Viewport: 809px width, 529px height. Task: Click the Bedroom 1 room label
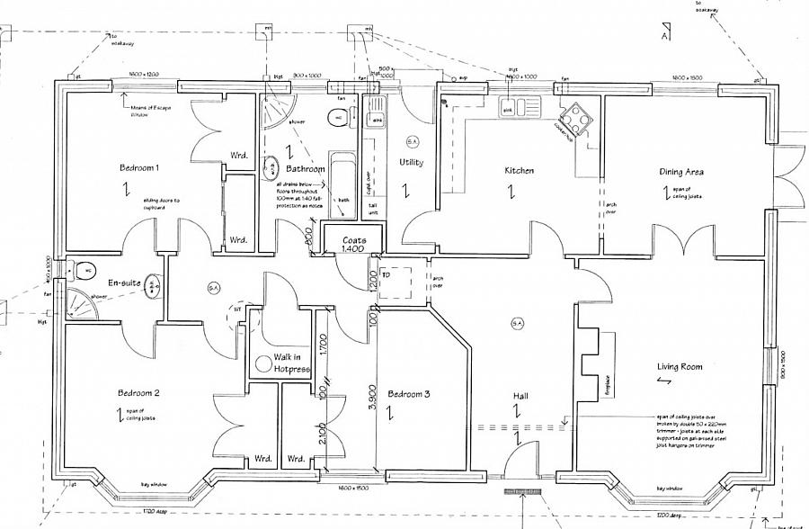[139, 168]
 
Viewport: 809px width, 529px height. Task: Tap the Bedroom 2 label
[139, 393]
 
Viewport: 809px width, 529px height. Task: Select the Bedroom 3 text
[409, 394]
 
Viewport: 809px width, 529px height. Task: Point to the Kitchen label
[519, 170]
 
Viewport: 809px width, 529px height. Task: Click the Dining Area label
[680, 171]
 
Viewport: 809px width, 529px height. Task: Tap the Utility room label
[412, 163]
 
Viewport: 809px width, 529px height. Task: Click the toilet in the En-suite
[84, 269]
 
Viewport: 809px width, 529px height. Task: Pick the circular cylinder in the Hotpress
[264, 363]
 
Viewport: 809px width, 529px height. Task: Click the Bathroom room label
[306, 169]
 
